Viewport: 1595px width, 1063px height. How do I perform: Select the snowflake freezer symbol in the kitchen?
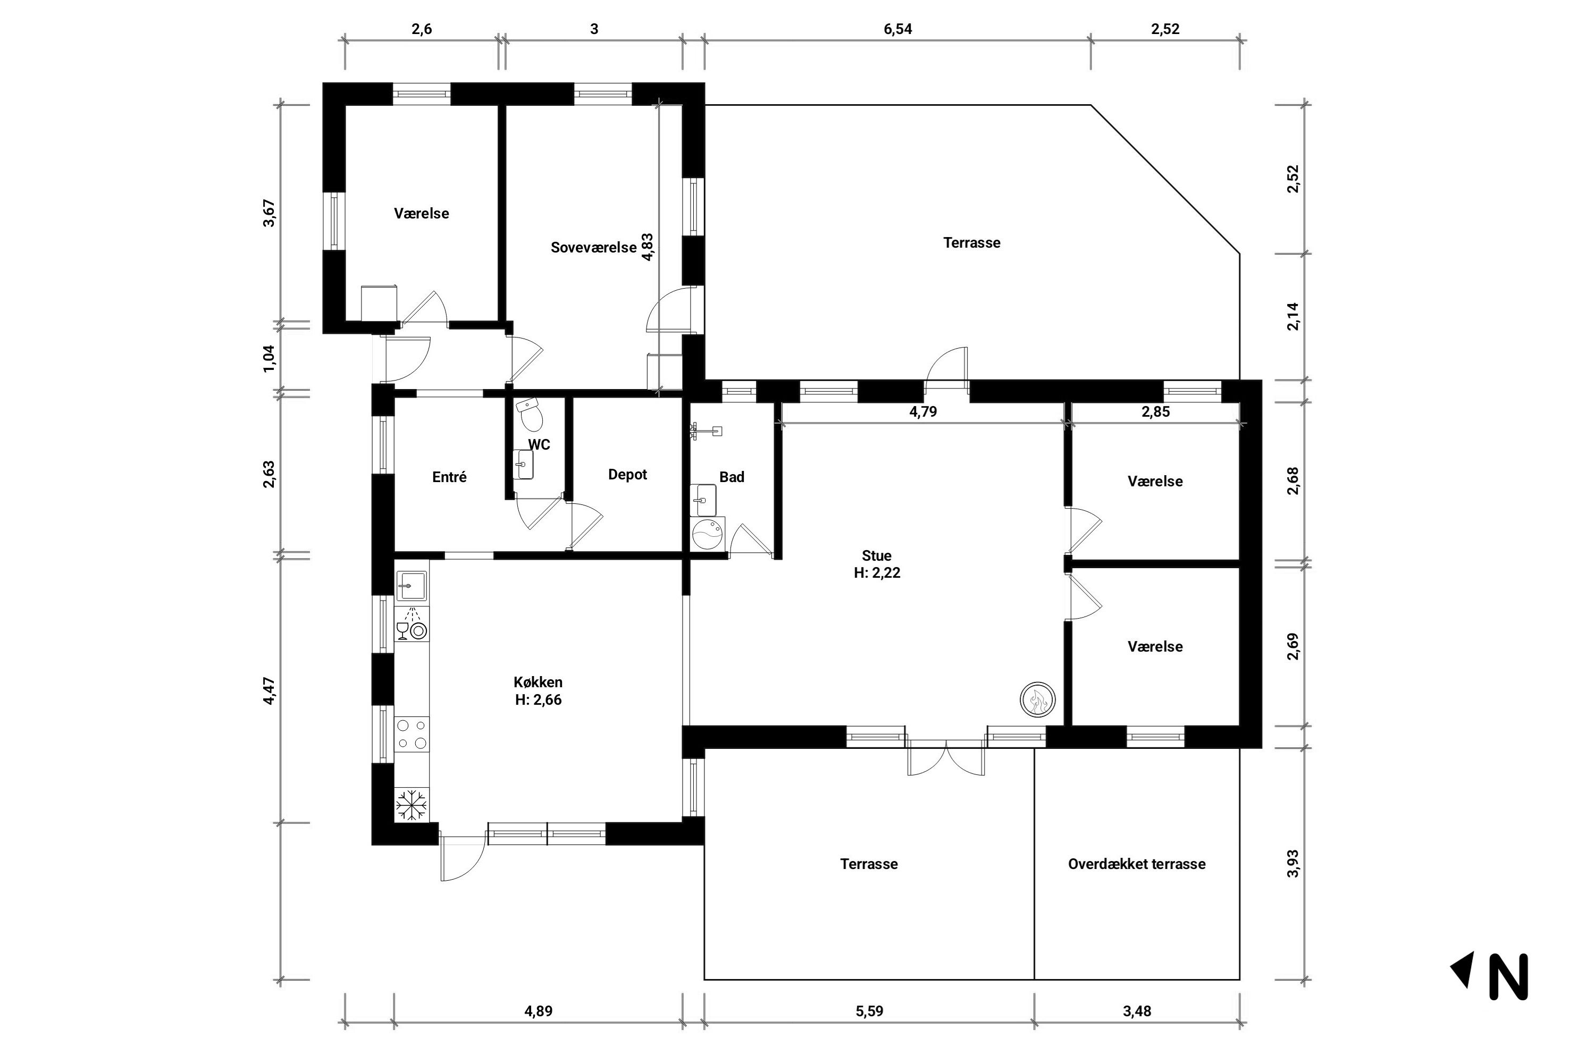[412, 804]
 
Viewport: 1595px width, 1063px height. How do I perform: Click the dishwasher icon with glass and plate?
[412, 625]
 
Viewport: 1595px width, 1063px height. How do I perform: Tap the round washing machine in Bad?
[707, 534]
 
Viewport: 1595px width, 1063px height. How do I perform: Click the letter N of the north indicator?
[1508, 976]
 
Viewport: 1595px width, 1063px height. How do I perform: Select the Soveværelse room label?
[593, 248]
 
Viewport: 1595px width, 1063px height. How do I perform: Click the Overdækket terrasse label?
[1137, 864]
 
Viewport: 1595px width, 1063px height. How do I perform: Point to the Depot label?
[627, 475]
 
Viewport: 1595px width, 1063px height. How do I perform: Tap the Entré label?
[449, 477]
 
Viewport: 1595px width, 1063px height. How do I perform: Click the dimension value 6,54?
[897, 29]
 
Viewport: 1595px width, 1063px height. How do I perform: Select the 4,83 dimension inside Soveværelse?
[648, 248]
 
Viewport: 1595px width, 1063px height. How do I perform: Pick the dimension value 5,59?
[869, 1011]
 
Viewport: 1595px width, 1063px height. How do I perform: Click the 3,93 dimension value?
[1292, 864]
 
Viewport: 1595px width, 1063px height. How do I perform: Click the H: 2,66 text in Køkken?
[539, 699]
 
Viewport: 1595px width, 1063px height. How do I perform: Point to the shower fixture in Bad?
[706, 431]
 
